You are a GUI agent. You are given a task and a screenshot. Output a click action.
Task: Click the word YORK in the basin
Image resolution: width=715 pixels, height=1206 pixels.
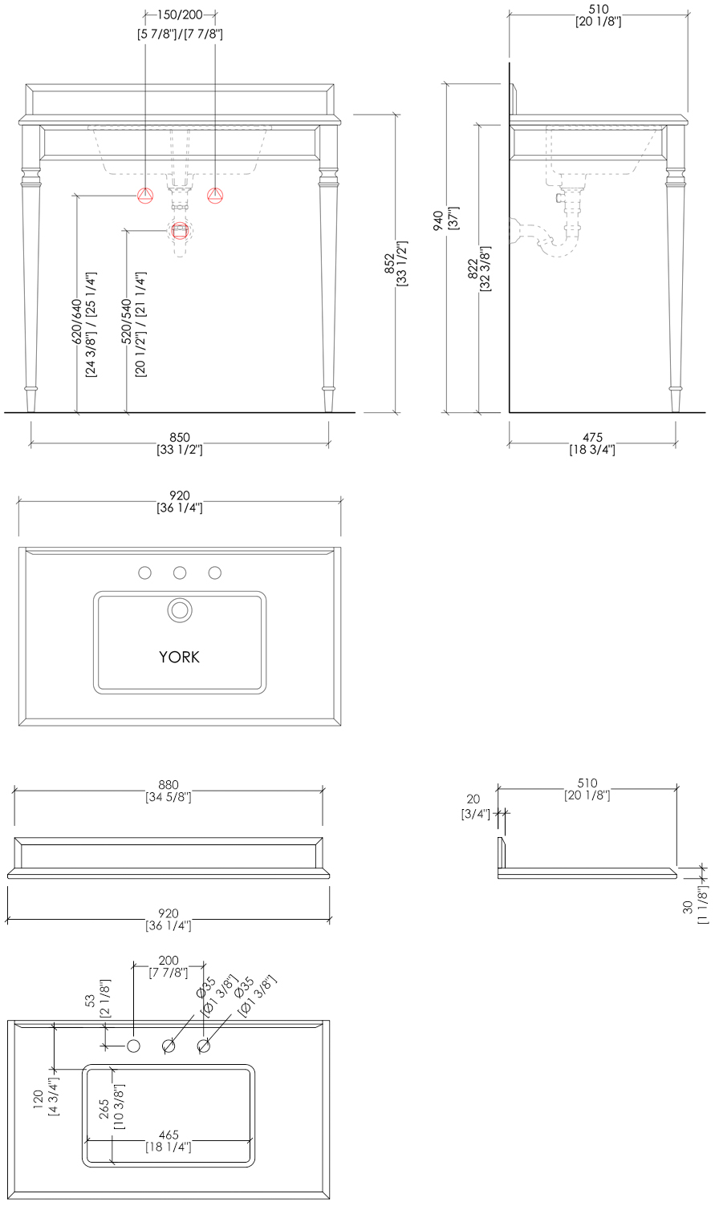180,657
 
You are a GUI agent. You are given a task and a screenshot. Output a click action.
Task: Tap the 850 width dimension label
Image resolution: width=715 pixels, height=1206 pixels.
180,437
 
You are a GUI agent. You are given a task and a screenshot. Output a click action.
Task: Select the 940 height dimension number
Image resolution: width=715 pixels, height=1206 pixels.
439,221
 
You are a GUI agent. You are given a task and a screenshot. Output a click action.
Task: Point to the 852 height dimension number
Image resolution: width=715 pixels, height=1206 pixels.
389,264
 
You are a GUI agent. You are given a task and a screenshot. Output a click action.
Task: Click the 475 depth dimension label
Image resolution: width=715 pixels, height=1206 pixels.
592,437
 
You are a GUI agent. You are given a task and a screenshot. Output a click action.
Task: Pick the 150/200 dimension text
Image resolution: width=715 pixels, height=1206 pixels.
180,14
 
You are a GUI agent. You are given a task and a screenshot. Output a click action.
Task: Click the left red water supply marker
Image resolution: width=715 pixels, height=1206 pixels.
145,196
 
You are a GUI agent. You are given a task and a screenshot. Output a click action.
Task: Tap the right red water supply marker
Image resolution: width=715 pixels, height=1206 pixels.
215,196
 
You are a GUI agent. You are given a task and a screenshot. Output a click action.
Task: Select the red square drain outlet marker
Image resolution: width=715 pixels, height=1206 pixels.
180,231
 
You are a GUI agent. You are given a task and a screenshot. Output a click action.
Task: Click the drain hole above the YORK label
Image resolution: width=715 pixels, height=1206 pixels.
180,610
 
